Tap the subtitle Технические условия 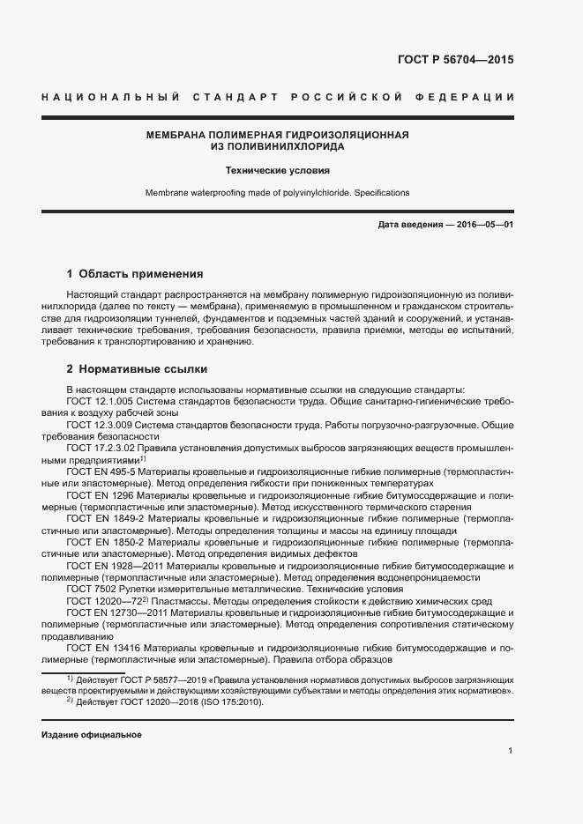pos(278,170)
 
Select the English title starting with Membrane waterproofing pos(278,192)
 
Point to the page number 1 pos(511,751)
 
